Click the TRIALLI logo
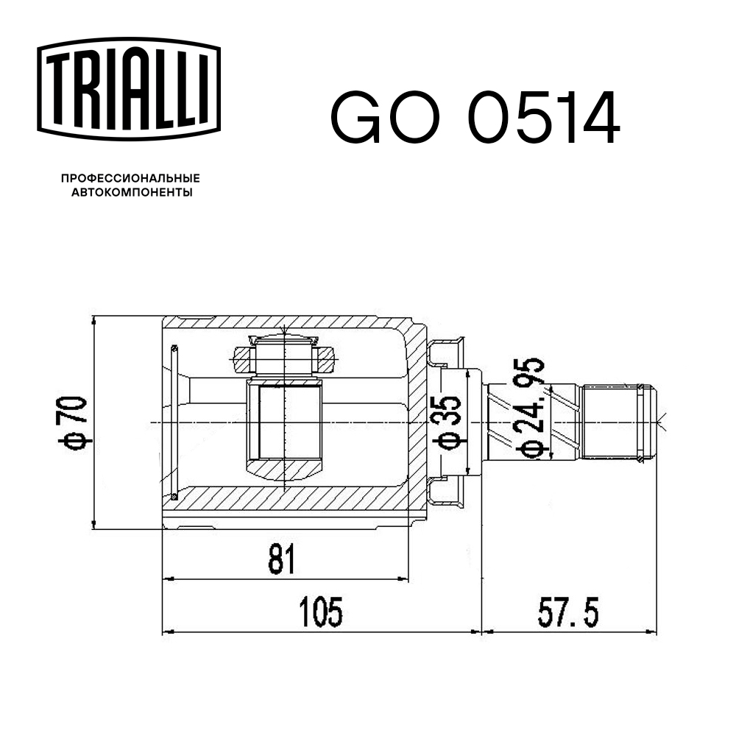[x=129, y=89]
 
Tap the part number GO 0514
[x=475, y=117]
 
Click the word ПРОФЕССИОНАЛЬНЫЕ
[x=130, y=178]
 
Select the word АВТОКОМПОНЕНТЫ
[x=132, y=192]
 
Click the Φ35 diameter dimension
[x=447, y=422]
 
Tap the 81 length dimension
[x=282, y=559]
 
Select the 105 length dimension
[x=321, y=612]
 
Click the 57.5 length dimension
[x=568, y=612]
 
